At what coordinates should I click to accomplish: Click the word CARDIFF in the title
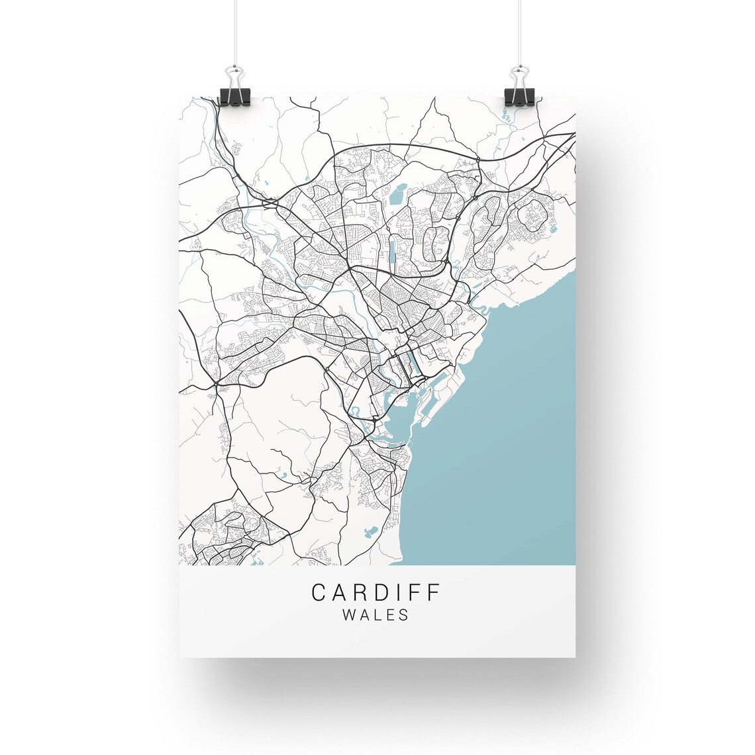pyautogui.click(x=376, y=591)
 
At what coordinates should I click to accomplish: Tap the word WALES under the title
pyautogui.click(x=376, y=615)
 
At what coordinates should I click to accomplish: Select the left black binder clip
pyautogui.click(x=233, y=95)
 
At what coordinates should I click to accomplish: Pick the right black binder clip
pyautogui.click(x=519, y=95)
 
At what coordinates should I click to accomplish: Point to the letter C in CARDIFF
pyautogui.click(x=319, y=591)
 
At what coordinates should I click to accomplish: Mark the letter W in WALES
pyautogui.click(x=349, y=615)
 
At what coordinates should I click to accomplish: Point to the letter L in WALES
pyautogui.click(x=378, y=615)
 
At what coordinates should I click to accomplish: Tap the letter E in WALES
pyautogui.click(x=391, y=615)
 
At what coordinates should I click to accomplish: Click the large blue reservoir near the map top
pyautogui.click(x=397, y=195)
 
